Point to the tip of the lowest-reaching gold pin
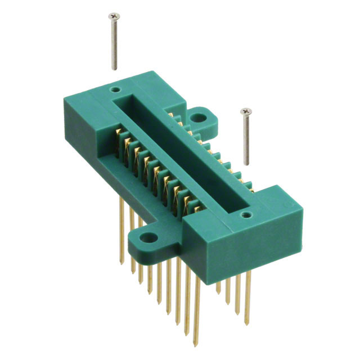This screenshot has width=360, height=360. [x=196, y=343]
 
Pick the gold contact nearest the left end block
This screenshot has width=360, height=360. [x=119, y=137]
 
